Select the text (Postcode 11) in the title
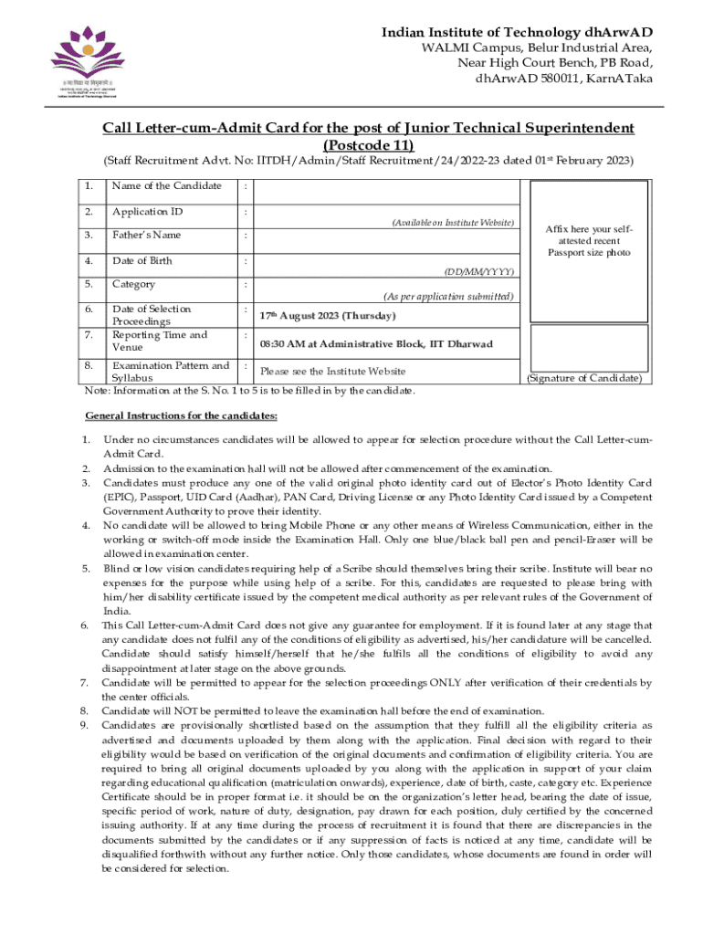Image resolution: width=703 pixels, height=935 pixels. [x=368, y=145]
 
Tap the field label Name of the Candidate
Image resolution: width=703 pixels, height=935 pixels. [x=166, y=186]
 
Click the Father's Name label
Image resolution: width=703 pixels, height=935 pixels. [x=146, y=236]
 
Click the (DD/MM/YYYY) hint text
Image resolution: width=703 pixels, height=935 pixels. [x=478, y=272]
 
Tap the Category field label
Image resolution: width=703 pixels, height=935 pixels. [x=133, y=284]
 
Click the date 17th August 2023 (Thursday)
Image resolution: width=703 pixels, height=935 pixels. [x=327, y=316]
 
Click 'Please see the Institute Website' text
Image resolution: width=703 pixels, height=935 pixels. [x=333, y=372]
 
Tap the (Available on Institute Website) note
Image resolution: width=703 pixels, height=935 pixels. [x=453, y=223]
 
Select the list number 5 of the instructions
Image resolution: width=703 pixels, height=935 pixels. [x=85, y=569]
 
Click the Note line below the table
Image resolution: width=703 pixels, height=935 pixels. [x=248, y=391]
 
